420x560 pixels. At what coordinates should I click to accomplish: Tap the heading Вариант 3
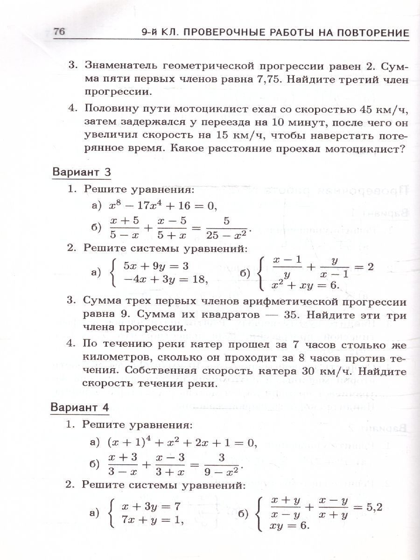tap(81, 172)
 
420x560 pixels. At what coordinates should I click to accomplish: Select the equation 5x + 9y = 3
tap(155, 266)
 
